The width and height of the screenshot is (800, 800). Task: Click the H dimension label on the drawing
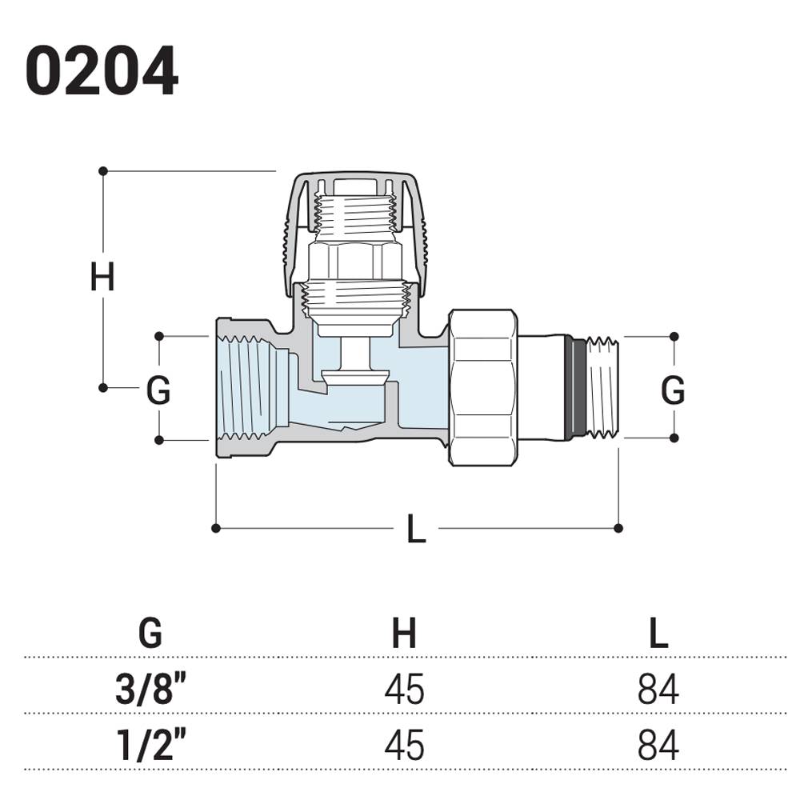[102, 278]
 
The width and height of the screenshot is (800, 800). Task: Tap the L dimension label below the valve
[416, 530]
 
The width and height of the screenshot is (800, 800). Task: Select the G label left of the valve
[158, 391]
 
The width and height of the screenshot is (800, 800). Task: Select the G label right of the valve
[673, 391]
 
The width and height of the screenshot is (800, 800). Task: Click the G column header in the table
[150, 634]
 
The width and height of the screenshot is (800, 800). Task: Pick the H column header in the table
[404, 634]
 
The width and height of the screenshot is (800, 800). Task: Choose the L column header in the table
[658, 634]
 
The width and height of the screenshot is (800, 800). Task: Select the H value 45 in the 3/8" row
[404, 689]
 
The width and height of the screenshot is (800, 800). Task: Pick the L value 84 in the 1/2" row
[658, 745]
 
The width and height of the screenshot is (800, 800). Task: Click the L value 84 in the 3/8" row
[658, 689]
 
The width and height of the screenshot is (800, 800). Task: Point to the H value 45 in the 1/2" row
[404, 745]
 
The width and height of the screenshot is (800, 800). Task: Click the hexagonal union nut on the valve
[482, 388]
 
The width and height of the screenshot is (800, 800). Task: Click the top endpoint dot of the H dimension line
[103, 171]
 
